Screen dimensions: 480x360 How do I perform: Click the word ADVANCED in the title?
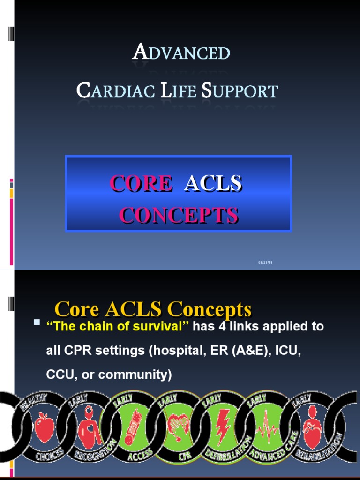tap(181, 52)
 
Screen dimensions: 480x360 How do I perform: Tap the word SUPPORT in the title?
tap(240, 90)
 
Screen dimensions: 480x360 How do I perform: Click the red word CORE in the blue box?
tap(141, 183)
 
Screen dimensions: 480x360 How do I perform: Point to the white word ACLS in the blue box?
tap(213, 183)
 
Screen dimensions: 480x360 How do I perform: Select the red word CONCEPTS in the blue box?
tap(178, 215)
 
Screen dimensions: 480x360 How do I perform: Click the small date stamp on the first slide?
tap(265, 262)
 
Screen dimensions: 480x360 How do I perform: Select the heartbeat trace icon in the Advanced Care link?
tap(267, 427)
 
